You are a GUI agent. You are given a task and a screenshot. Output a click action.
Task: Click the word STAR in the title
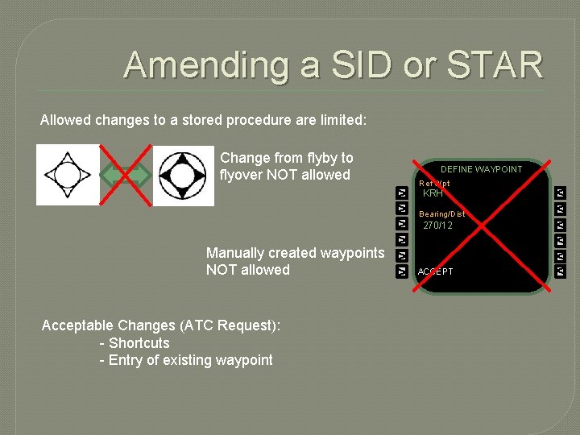[496, 64]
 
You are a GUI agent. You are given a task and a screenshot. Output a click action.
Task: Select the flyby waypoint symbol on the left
[68, 174]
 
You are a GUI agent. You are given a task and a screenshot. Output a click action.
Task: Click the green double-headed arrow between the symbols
[126, 175]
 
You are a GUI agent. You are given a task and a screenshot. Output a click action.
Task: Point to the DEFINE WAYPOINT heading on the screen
[481, 169]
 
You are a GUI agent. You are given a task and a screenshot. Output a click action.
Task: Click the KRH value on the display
[433, 194]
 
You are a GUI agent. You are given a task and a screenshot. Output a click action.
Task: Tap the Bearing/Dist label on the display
[441, 214]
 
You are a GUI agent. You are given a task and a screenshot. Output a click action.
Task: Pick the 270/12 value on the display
[437, 226]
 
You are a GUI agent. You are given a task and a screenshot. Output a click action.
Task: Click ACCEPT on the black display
[435, 271]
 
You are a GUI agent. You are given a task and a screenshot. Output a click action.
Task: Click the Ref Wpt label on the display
[434, 184]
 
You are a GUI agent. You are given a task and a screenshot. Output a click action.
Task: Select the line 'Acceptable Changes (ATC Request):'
[161, 325]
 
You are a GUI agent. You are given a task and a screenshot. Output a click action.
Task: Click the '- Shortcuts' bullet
[135, 343]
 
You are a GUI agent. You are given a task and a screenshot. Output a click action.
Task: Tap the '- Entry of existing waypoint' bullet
[186, 360]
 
